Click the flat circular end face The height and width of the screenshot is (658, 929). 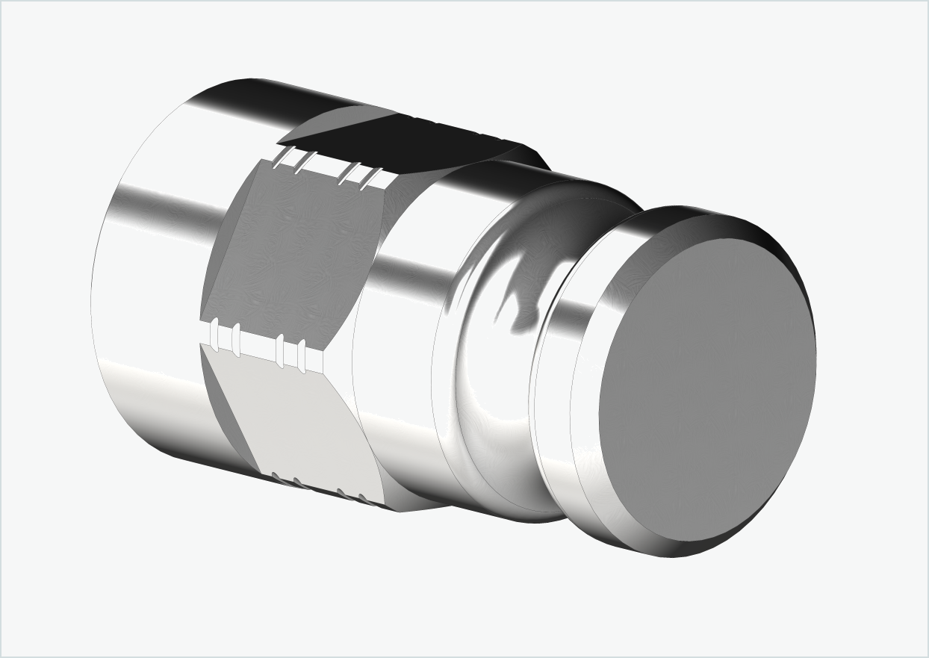[706, 388]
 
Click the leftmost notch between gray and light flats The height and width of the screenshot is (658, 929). [215, 335]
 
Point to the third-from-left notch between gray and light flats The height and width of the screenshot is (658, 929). [280, 350]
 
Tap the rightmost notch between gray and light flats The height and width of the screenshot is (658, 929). [302, 355]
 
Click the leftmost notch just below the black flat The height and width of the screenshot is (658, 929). [282, 158]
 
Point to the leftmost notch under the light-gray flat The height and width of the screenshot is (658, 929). [276, 476]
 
